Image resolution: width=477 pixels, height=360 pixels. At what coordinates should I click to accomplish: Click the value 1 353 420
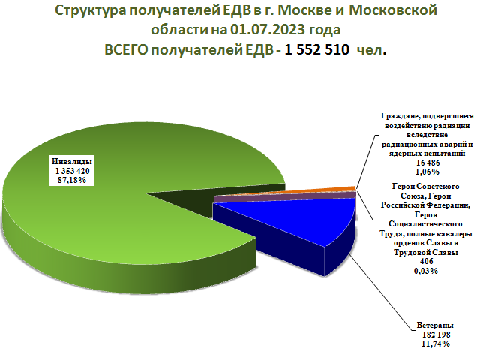[x=73, y=171]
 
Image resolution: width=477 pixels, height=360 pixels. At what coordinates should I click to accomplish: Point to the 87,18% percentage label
[x=72, y=180]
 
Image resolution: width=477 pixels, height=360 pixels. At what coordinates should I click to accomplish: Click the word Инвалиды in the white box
[x=72, y=161]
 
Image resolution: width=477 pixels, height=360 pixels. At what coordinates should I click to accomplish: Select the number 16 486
[x=427, y=163]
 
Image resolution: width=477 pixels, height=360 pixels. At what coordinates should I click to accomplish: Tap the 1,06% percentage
[x=427, y=172]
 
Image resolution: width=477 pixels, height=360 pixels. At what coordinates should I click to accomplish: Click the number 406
[x=426, y=261]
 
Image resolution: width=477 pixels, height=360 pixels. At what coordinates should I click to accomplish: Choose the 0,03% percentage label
[x=426, y=271]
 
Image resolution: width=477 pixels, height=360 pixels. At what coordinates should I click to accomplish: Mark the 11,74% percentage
[x=435, y=343]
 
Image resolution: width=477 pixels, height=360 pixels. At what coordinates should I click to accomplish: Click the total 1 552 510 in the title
[x=316, y=49]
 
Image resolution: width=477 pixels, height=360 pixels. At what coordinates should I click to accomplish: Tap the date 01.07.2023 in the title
[x=268, y=30]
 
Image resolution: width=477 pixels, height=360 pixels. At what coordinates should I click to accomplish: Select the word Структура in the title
[x=90, y=10]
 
